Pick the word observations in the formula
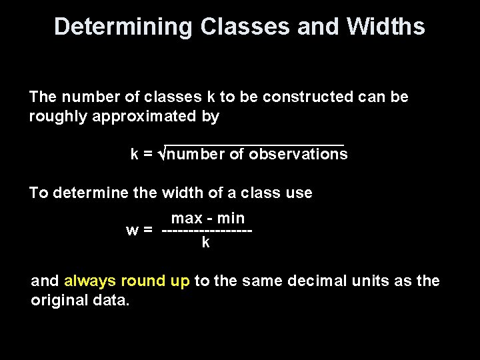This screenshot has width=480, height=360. pyautogui.click(x=298, y=154)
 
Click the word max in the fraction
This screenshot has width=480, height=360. pyautogui.click(x=187, y=218)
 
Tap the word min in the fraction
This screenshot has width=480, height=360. pyautogui.click(x=231, y=218)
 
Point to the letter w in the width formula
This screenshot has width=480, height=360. pyautogui.click(x=132, y=231)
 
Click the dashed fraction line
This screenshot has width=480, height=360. pyautogui.click(x=207, y=231)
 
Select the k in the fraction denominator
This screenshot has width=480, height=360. pyautogui.click(x=206, y=243)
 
